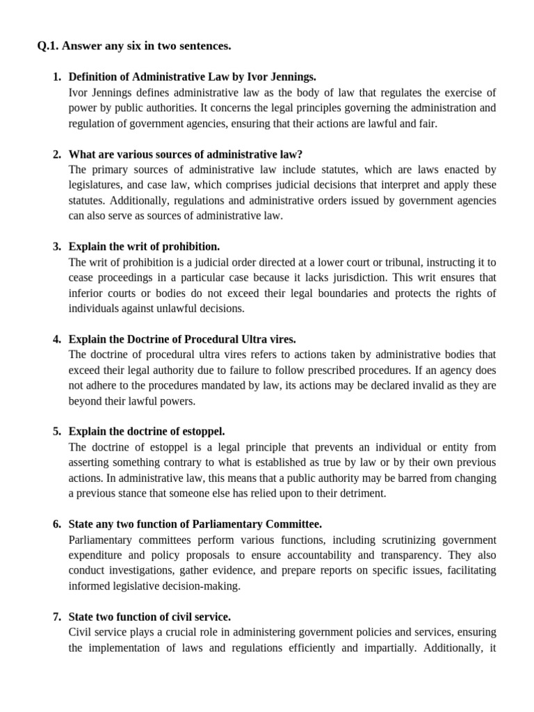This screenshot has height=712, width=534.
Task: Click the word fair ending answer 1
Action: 426,123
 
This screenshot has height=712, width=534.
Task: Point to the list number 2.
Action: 56,154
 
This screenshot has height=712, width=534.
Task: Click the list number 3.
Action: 56,246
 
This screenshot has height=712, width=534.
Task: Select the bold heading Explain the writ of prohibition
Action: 144,246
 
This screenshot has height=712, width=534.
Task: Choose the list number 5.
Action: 56,432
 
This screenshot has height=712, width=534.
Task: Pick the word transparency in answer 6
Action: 410,555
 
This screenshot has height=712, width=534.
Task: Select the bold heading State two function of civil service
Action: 149,617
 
